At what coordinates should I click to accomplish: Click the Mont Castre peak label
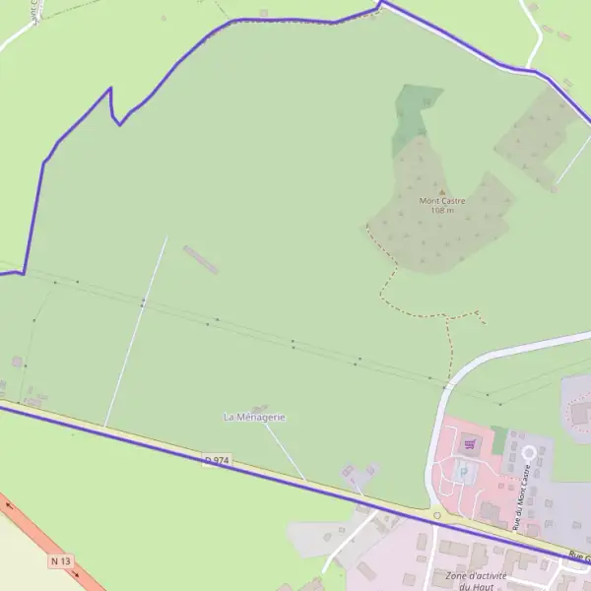441,201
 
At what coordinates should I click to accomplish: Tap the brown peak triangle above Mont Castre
441,192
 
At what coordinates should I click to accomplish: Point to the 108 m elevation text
441,210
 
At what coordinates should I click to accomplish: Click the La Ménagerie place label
255,418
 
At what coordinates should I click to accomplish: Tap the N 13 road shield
61,560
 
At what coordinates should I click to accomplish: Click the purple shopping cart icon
471,444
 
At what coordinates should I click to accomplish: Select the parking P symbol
464,470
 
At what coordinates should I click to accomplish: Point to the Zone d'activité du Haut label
476,580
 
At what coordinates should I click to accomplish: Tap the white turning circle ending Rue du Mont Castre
528,453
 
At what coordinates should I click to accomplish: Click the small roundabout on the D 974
436,513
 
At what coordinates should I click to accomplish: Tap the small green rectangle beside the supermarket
499,438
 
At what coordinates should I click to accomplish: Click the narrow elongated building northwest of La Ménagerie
200,260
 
